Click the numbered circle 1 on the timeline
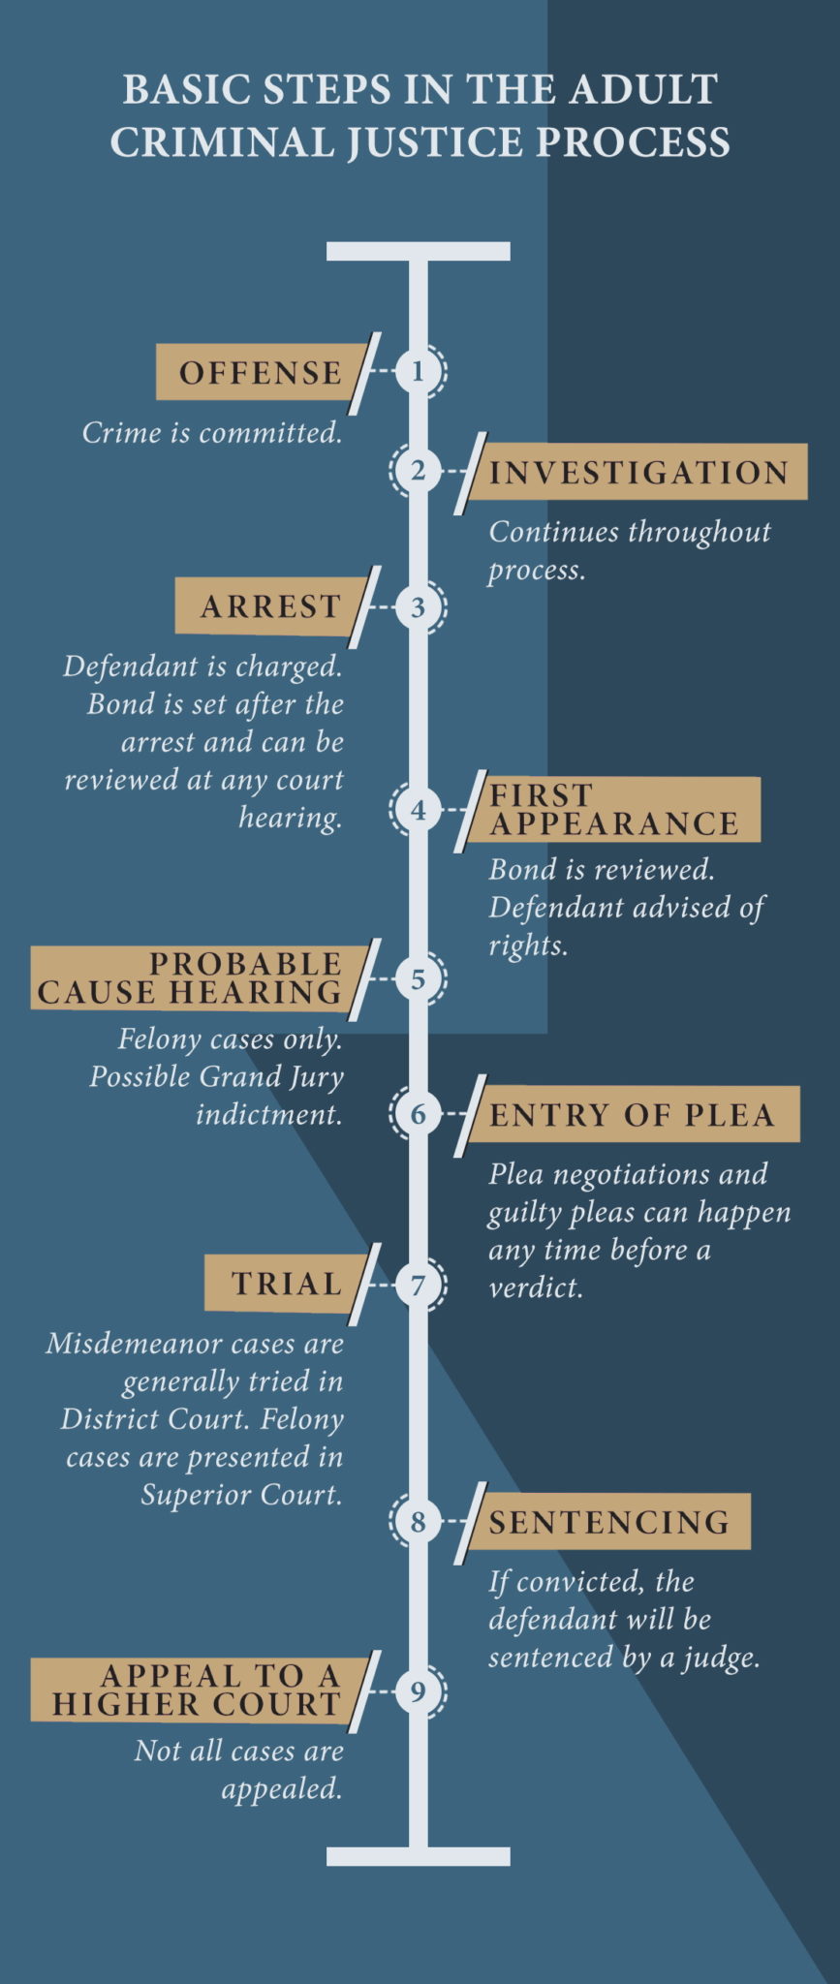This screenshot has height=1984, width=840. click(x=418, y=371)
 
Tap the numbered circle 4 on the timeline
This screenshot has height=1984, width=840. click(x=418, y=809)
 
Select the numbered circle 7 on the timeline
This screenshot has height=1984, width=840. click(x=418, y=1285)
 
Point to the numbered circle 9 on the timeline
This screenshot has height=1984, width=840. click(x=418, y=1691)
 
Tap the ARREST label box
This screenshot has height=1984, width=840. click(x=270, y=606)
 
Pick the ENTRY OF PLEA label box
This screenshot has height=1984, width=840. click(x=631, y=1114)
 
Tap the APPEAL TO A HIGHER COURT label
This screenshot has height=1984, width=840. click(x=199, y=1690)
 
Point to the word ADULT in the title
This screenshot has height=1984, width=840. click(x=643, y=89)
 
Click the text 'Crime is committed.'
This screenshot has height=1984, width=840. click(x=212, y=432)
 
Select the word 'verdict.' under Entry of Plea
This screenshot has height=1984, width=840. click(x=536, y=1287)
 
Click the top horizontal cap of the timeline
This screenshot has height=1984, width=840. click(x=418, y=252)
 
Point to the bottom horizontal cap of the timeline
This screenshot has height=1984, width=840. click(x=418, y=1856)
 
